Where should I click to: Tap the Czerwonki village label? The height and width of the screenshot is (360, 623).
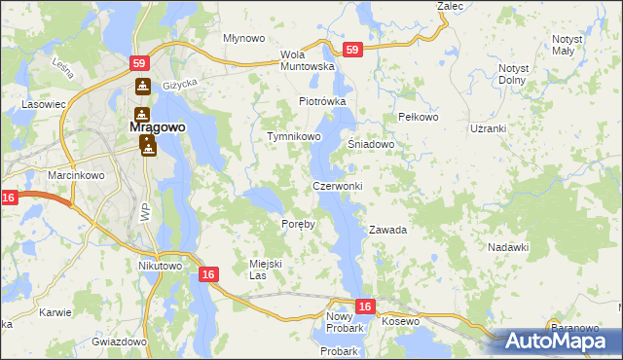click(x=338, y=186)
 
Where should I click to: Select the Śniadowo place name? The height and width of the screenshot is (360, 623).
click(x=371, y=144)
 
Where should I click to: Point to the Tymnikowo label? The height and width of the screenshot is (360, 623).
click(x=294, y=137)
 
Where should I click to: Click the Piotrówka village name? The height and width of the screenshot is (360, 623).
click(x=323, y=101)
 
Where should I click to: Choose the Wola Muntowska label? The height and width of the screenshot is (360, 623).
click(x=307, y=60)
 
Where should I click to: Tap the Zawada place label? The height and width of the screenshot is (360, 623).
click(x=386, y=231)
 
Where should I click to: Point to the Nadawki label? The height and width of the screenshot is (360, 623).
click(x=508, y=248)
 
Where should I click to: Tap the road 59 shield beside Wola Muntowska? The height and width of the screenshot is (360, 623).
click(x=352, y=50)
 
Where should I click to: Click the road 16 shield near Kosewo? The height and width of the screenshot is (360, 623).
click(x=364, y=306)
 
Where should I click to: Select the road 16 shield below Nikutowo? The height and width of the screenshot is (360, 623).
click(x=207, y=275)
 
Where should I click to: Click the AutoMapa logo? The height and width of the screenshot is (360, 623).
click(x=562, y=341)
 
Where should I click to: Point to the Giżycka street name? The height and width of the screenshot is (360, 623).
click(x=180, y=85)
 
